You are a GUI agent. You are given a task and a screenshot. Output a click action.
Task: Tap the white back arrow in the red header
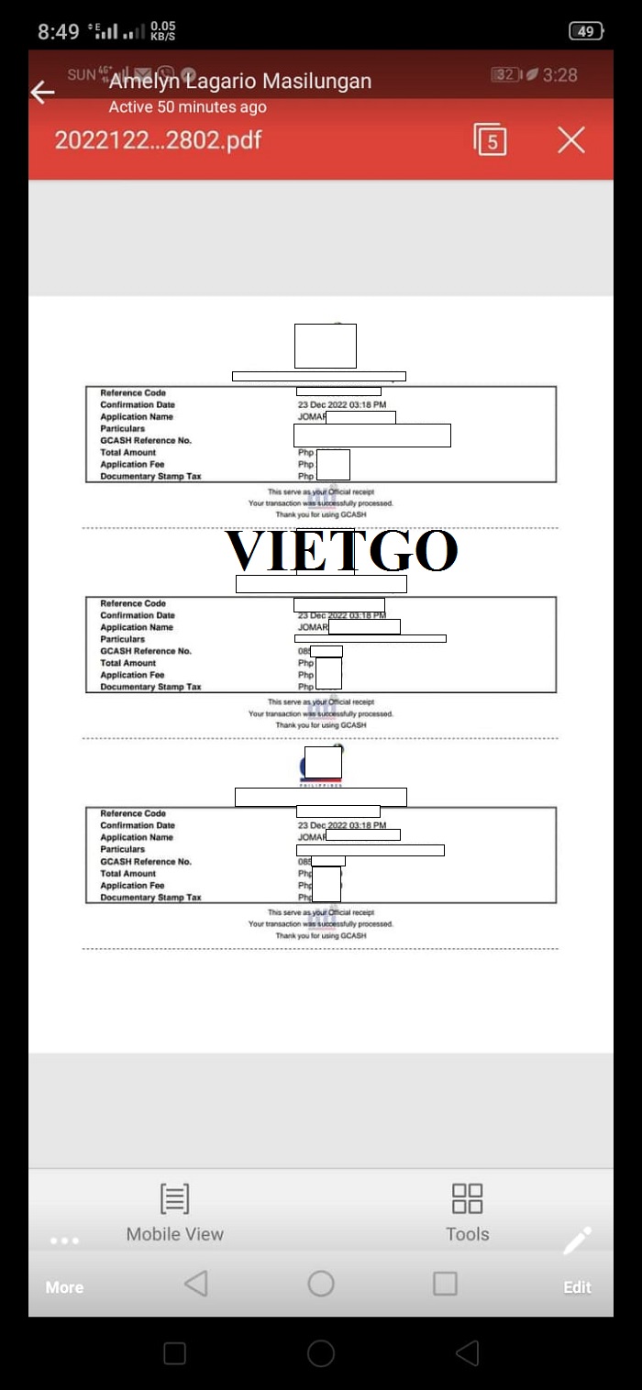(x=42, y=92)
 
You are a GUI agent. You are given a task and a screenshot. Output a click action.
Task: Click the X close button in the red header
(x=570, y=140)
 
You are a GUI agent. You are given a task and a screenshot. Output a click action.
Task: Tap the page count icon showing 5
(x=491, y=140)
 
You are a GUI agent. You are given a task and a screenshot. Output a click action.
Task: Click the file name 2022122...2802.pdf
(x=158, y=140)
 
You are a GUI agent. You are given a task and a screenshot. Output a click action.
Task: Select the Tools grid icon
(x=467, y=1198)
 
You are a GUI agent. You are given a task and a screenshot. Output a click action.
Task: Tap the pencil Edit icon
(x=577, y=1241)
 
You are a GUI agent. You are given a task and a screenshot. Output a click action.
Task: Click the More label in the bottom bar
(x=64, y=1287)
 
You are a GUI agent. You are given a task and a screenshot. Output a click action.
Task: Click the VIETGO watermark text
(x=341, y=550)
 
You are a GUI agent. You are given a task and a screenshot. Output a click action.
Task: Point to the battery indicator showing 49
(x=585, y=31)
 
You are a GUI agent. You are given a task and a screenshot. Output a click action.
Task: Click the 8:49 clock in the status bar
(x=59, y=32)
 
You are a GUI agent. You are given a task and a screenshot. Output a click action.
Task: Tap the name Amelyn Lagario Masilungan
(x=240, y=82)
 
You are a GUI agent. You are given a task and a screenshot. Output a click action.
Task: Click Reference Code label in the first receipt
(x=133, y=393)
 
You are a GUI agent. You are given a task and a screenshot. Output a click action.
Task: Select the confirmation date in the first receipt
(x=341, y=405)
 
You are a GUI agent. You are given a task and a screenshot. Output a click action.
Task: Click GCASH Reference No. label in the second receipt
(x=145, y=651)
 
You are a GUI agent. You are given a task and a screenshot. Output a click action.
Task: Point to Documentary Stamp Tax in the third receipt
(x=150, y=898)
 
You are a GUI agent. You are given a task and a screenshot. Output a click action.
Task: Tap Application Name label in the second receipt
(x=136, y=627)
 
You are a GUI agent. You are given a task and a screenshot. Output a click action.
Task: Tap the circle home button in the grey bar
(x=321, y=1284)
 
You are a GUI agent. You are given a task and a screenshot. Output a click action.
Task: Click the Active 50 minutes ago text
(x=188, y=107)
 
